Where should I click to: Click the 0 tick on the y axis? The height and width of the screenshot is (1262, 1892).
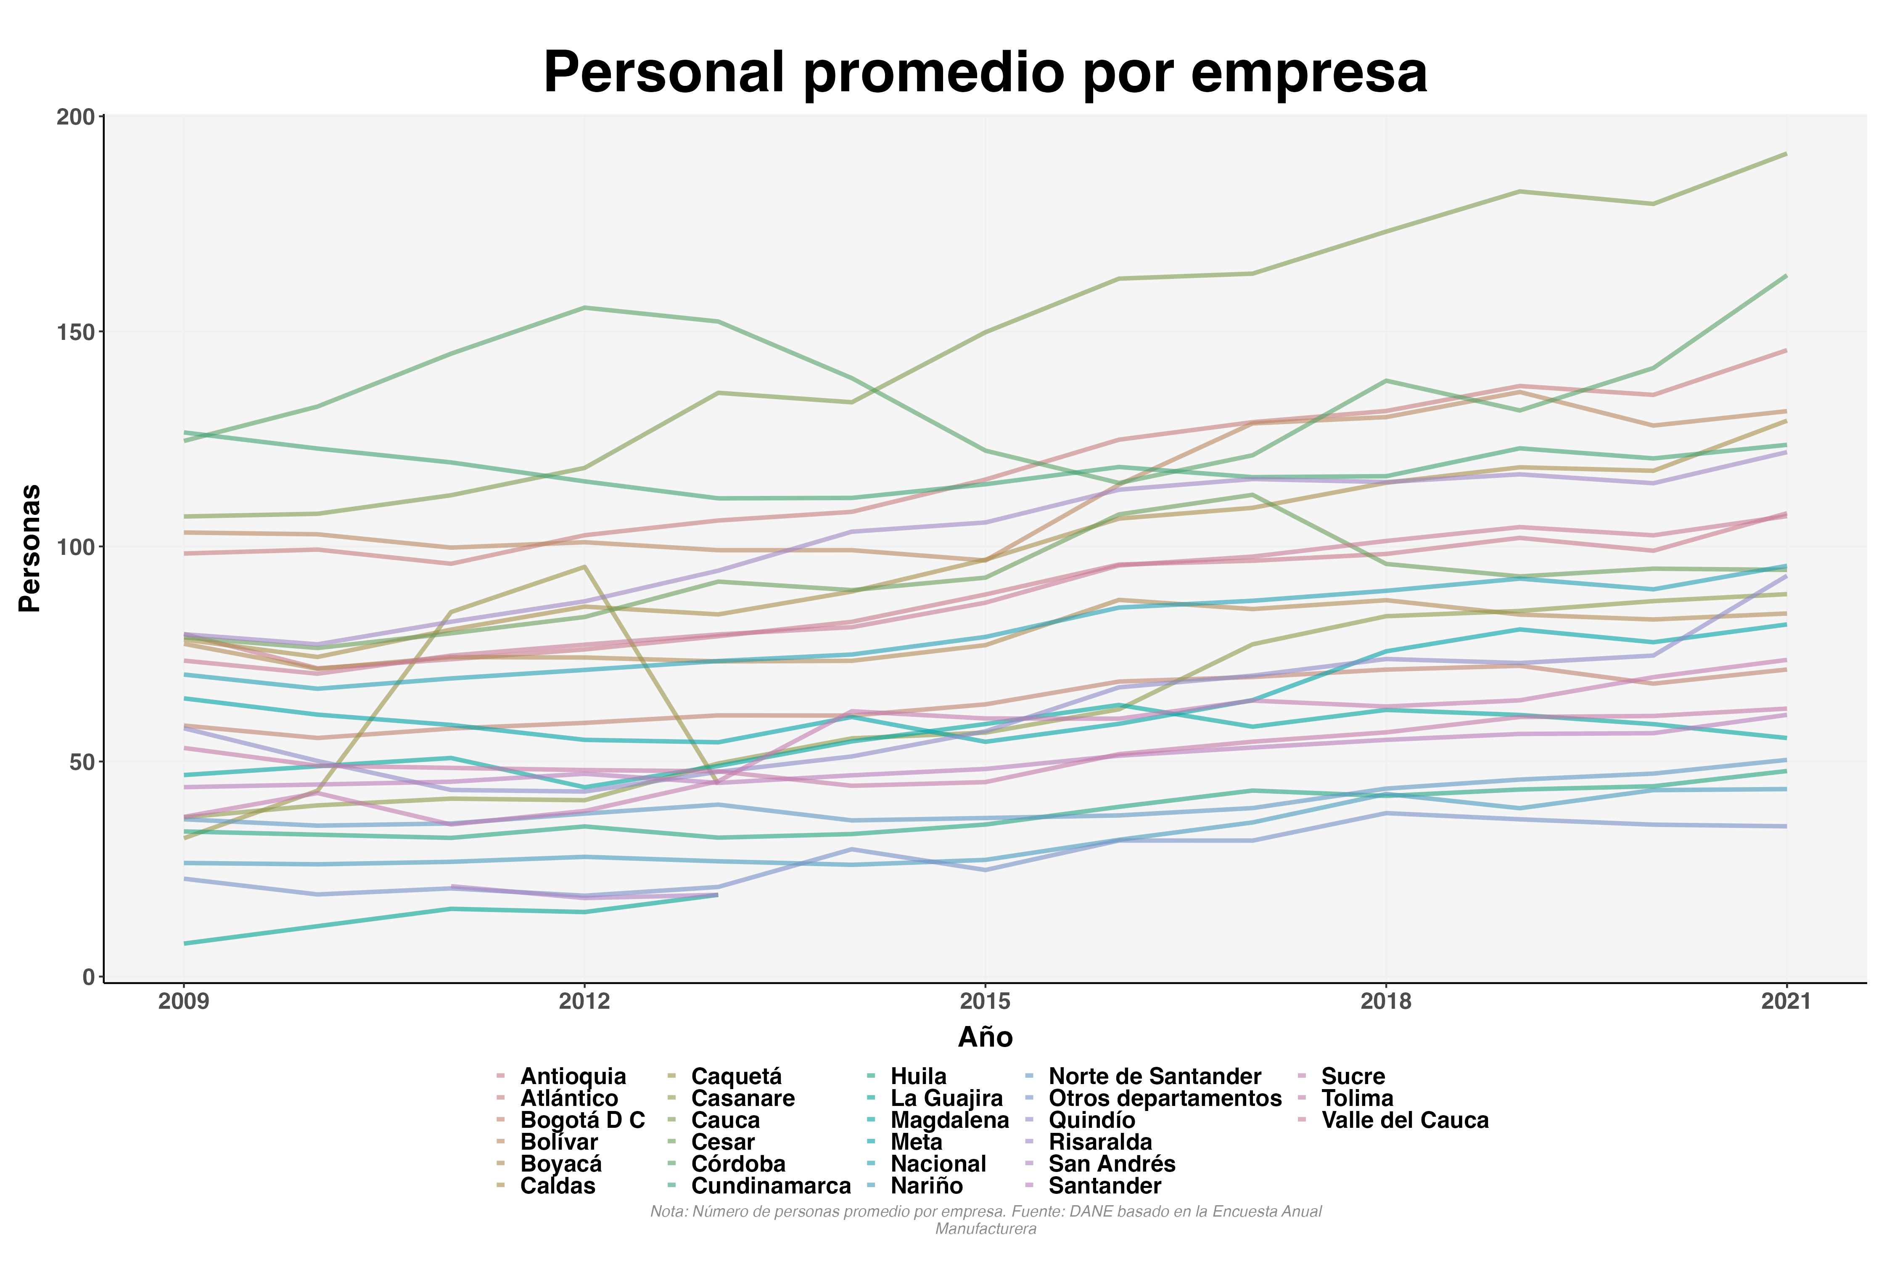88,977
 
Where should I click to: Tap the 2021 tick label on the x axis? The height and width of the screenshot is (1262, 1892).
1786,1001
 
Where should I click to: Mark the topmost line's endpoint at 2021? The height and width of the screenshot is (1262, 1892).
1786,154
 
